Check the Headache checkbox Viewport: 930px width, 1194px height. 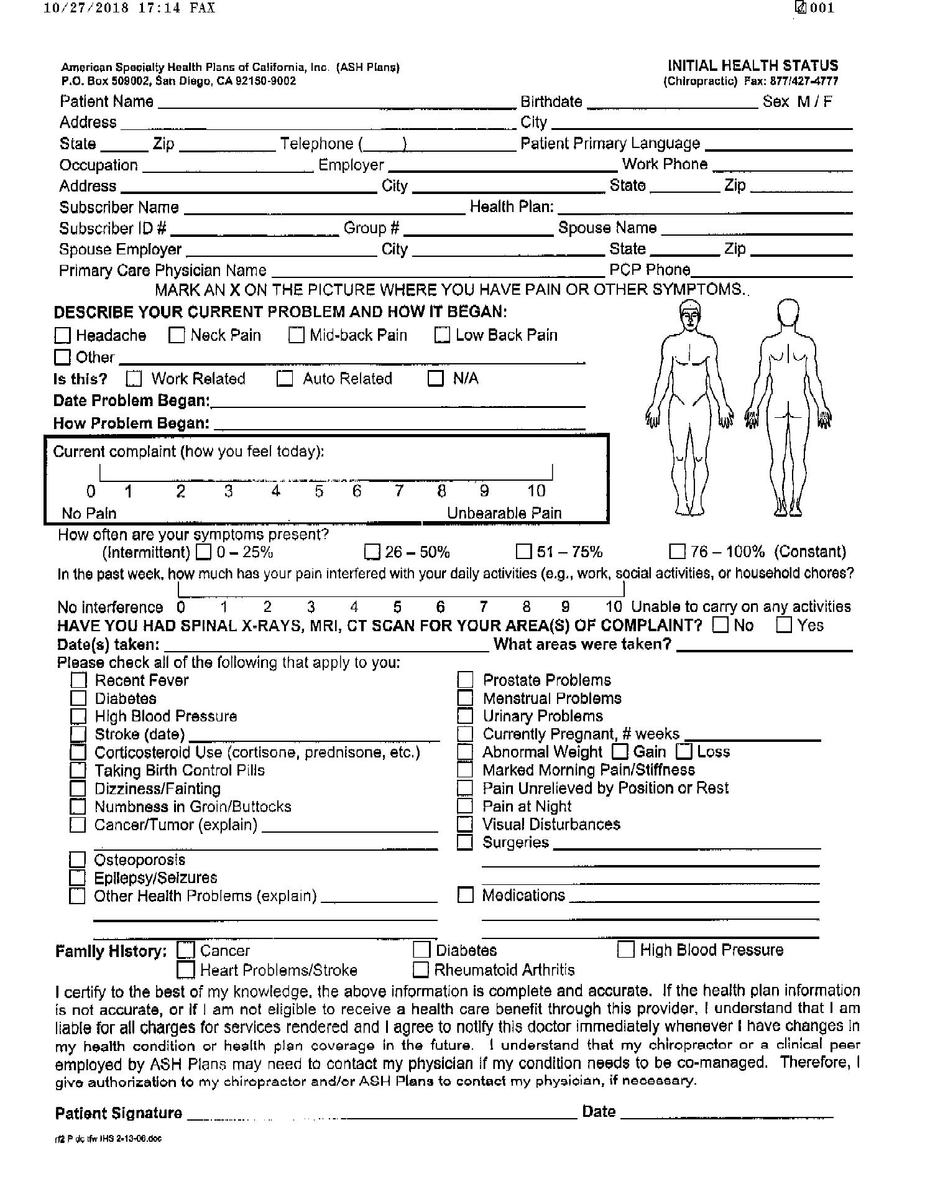tap(62, 336)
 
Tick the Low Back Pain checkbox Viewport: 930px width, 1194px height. tap(442, 335)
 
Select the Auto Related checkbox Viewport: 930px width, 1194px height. tap(284, 379)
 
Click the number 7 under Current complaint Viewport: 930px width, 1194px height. tap(399, 491)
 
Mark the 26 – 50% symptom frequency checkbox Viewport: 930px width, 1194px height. tap(372, 552)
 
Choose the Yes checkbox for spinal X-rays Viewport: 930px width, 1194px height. tap(785, 624)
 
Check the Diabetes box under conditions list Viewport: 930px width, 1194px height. tap(78, 698)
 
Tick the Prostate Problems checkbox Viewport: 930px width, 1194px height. tap(465, 680)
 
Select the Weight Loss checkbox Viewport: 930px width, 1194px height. tap(684, 751)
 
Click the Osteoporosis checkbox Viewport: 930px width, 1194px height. tap(77, 860)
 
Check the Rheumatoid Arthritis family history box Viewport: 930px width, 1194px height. tap(421, 970)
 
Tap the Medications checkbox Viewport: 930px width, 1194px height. tap(465, 895)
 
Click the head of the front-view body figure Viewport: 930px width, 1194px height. tap(690, 316)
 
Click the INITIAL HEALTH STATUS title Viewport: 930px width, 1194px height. tap(752, 66)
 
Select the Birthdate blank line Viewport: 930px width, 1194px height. tap(672, 103)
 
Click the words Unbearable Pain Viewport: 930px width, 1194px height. tap(504, 513)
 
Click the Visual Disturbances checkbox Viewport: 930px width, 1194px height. tap(465, 825)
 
